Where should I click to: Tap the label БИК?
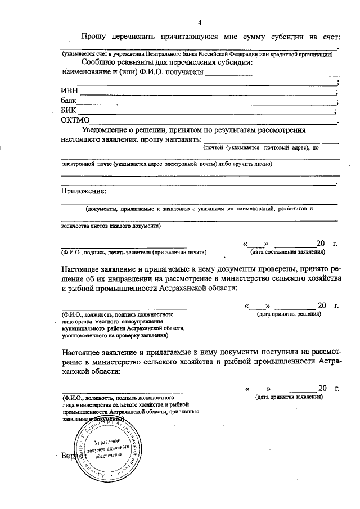68,111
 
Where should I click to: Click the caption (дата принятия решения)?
289,314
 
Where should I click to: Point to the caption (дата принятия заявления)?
289,397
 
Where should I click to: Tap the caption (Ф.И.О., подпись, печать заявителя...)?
134,251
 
